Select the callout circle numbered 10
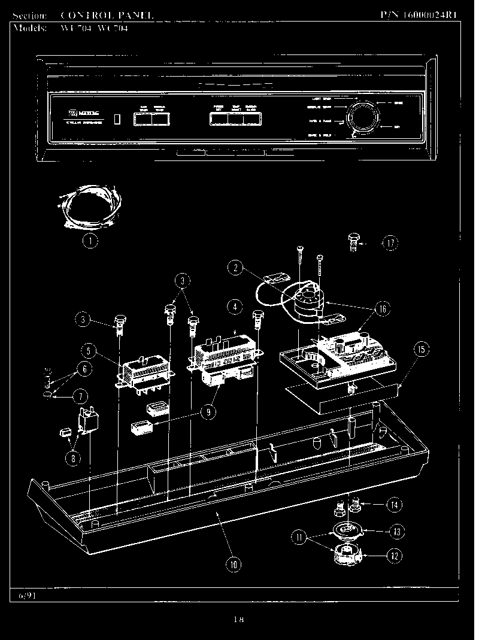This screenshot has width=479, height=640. pos(234,563)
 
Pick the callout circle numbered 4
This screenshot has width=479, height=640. pos(235,307)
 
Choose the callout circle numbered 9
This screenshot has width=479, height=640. pos(209,412)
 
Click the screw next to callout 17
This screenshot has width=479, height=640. pos(354,243)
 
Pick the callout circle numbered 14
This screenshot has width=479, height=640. pos(393,505)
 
